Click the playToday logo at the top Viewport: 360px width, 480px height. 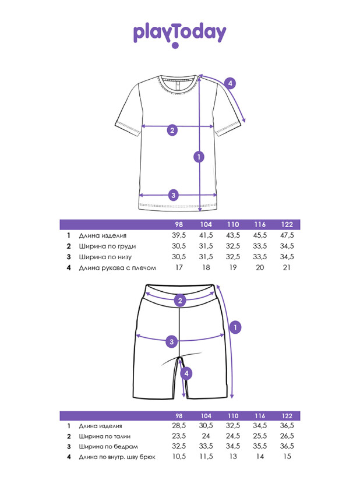click(x=179, y=35)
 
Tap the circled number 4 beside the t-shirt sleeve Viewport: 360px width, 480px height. click(x=230, y=83)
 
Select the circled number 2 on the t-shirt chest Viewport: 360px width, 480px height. click(x=172, y=130)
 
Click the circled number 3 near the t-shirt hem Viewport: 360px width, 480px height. click(x=173, y=195)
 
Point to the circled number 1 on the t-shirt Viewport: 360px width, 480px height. click(x=199, y=157)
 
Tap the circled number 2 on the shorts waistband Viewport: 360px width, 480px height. click(x=180, y=301)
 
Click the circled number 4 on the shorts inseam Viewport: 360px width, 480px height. click(x=186, y=373)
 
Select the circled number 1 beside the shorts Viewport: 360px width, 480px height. click(x=235, y=327)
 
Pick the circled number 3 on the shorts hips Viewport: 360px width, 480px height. click(x=171, y=341)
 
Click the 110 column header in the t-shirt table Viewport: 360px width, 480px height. click(x=233, y=224)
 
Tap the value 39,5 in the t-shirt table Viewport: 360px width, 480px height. click(x=179, y=235)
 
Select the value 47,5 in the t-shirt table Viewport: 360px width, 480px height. click(x=287, y=235)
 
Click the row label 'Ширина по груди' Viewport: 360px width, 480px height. click(x=107, y=246)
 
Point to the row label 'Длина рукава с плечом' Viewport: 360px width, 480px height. click(x=118, y=268)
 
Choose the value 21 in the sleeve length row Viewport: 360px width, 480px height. click(x=287, y=267)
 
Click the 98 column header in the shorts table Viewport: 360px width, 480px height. click(x=179, y=416)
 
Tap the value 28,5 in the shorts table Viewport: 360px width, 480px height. click(x=179, y=425)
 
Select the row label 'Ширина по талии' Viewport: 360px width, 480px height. click(x=105, y=436)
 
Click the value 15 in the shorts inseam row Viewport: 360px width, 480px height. click(x=287, y=457)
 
